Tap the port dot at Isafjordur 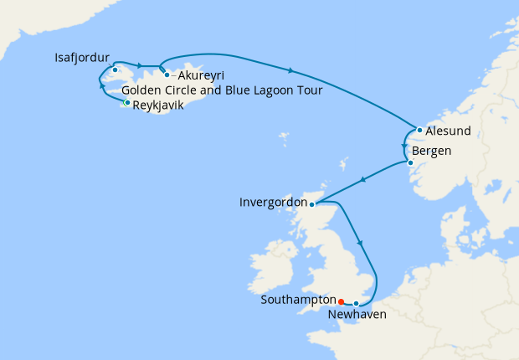(115, 69)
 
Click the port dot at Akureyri (167, 75)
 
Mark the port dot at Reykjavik (126, 103)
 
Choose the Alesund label (448, 131)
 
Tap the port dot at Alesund (419, 131)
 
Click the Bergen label (432, 151)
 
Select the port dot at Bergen (410, 162)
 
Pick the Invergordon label (273, 203)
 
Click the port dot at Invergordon (311, 204)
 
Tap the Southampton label (297, 299)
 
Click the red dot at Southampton (340, 299)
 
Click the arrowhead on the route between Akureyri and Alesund (290, 69)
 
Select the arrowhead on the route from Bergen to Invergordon (362, 181)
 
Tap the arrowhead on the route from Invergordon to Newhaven (361, 243)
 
